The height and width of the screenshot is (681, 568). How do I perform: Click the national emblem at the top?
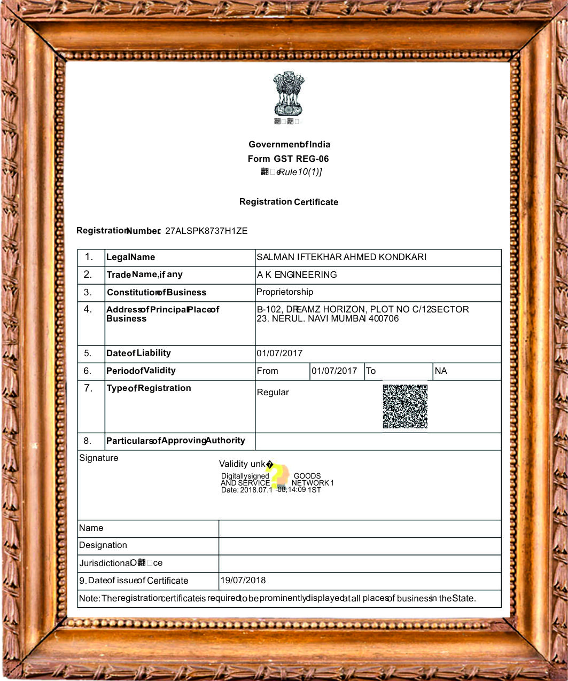(289, 95)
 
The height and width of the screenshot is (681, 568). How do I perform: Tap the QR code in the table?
(405, 406)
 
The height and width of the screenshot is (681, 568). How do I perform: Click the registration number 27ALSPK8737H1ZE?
(206, 231)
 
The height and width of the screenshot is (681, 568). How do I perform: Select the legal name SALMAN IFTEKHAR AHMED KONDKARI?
(341, 257)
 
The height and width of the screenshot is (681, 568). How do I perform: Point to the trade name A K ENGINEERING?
(297, 275)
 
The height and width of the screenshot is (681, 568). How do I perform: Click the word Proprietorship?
(285, 292)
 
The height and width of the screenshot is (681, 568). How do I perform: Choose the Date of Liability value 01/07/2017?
(279, 354)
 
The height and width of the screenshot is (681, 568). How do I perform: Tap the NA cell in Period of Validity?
(441, 371)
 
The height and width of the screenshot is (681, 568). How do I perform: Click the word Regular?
(273, 393)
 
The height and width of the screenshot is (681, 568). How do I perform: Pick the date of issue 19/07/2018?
(243, 581)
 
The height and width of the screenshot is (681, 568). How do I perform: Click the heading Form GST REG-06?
(288, 159)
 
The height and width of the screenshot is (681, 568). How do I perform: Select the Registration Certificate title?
(289, 202)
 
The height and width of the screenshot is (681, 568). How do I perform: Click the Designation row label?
(103, 545)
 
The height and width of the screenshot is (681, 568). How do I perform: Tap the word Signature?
(99, 458)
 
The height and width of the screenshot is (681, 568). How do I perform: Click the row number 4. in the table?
(88, 309)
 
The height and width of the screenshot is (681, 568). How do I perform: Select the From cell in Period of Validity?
(267, 371)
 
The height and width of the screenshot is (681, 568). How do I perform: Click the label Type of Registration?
(149, 388)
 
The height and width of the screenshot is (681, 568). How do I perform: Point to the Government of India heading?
(289, 145)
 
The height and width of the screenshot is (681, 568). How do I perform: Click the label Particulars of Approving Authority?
(175, 441)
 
